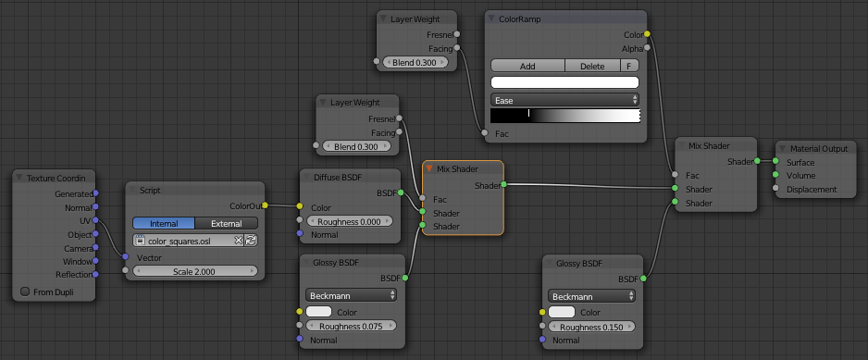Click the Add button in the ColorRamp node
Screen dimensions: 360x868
527,66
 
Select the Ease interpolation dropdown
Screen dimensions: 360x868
564,99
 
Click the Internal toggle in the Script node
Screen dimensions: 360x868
163,223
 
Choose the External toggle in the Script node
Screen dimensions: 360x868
227,223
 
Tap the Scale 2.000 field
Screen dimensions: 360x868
195,271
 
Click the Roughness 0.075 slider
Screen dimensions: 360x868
348,326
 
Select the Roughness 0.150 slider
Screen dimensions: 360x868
592,327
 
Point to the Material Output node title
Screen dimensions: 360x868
817,148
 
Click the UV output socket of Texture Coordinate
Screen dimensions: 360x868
96,221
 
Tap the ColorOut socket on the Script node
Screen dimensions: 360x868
266,205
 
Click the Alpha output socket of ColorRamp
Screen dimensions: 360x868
647,47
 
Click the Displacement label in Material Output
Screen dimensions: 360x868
811,190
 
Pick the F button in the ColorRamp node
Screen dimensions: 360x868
630,66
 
